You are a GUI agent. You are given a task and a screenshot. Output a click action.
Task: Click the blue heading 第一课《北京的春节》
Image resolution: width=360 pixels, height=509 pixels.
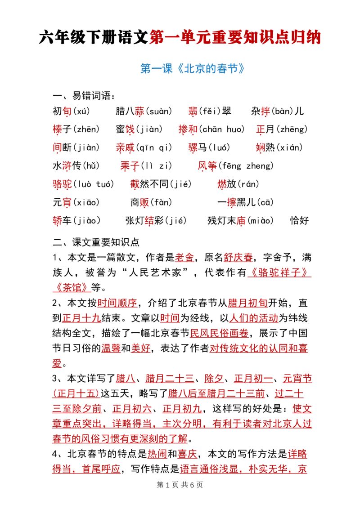click(x=192, y=68)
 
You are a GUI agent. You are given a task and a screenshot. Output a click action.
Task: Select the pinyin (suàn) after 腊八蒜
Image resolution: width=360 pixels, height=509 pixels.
click(x=158, y=112)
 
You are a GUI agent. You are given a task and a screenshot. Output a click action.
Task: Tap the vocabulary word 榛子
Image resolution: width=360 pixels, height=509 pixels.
click(x=62, y=129)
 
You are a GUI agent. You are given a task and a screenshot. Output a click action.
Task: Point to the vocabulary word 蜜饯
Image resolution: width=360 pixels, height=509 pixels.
click(x=125, y=129)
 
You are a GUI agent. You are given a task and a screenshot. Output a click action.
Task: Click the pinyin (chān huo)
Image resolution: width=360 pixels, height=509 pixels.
click(x=221, y=129)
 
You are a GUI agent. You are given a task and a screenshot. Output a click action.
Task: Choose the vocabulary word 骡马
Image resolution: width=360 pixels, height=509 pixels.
click(x=198, y=147)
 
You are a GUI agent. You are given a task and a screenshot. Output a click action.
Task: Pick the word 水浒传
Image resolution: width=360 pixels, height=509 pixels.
click(x=67, y=165)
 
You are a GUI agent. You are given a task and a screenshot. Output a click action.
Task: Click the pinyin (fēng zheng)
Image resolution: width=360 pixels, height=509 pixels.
click(x=246, y=165)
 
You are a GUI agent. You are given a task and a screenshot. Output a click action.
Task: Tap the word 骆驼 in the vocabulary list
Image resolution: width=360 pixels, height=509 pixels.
click(x=62, y=184)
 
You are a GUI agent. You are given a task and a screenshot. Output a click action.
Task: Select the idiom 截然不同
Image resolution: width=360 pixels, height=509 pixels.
click(x=149, y=184)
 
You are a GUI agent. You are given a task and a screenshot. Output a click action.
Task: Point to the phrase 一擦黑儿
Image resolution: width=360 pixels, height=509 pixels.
click(x=237, y=202)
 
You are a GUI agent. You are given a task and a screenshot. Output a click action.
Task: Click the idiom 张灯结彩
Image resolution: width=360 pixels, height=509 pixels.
click(x=144, y=221)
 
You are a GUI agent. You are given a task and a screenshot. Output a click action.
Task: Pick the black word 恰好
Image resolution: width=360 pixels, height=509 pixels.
click(x=300, y=221)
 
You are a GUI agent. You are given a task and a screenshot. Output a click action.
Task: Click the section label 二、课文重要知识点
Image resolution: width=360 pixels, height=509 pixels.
click(x=96, y=242)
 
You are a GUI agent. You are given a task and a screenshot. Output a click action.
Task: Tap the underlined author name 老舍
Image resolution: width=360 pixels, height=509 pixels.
click(x=184, y=257)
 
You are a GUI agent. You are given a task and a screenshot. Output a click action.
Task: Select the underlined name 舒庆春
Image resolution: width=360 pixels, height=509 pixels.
click(x=238, y=257)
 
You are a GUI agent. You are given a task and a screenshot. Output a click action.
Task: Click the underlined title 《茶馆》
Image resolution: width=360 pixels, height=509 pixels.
click(x=72, y=288)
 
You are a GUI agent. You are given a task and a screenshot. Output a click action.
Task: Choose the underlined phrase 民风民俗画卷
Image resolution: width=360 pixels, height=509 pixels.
click(x=219, y=333)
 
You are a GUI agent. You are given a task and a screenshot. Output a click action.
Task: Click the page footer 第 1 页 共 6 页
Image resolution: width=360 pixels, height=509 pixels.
click(x=180, y=485)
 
